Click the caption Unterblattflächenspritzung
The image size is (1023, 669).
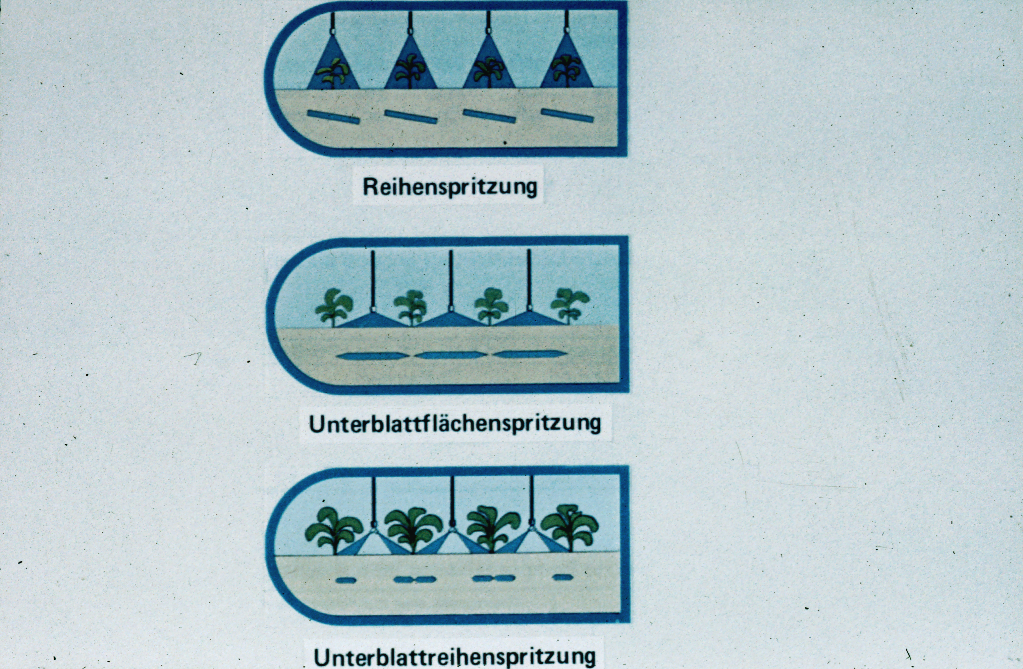pos(455,424)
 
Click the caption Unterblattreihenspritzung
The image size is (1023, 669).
pos(455,657)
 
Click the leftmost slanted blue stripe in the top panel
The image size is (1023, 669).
pos(333,117)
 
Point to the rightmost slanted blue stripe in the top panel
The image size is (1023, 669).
pos(567,115)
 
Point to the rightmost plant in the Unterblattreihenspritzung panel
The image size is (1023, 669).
pos(569,527)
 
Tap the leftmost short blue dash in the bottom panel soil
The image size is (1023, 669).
pos(346,580)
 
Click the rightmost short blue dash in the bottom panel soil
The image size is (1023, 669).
pos(563,577)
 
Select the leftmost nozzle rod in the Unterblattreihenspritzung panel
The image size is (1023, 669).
pos(373,500)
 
